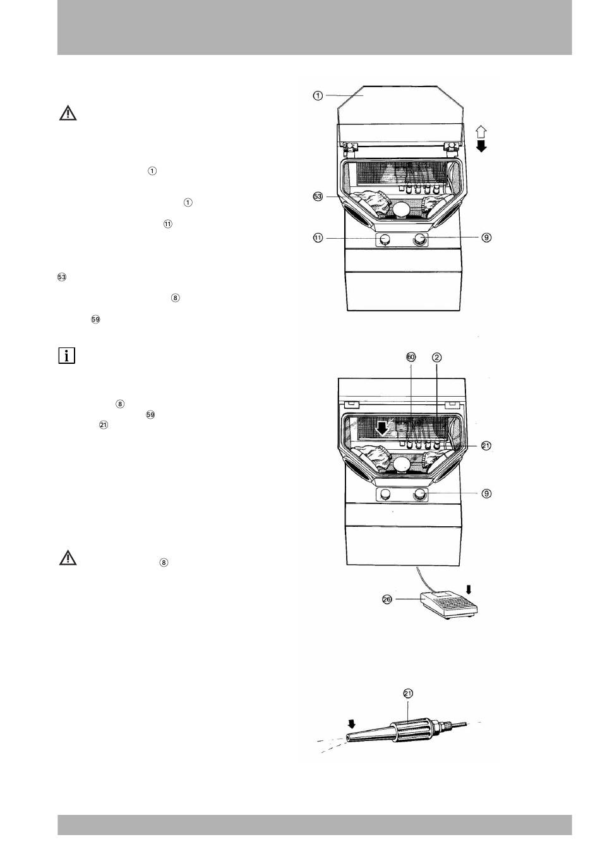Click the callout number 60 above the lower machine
(x=411, y=357)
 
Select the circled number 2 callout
(x=436, y=357)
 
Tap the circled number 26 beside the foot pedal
(x=387, y=599)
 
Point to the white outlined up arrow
(x=481, y=132)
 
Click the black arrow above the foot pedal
(x=469, y=589)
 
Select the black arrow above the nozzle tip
(x=352, y=724)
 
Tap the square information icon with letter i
(x=67, y=356)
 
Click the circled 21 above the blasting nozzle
(x=408, y=693)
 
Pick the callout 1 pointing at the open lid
(x=318, y=96)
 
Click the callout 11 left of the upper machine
(x=318, y=238)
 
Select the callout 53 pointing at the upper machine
(x=318, y=196)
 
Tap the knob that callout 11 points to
(x=385, y=239)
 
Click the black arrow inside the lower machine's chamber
(x=382, y=428)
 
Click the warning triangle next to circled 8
(x=68, y=557)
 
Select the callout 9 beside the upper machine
(x=486, y=238)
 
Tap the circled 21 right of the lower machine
(x=486, y=446)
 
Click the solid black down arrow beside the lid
(x=481, y=146)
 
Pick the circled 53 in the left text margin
(x=62, y=277)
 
